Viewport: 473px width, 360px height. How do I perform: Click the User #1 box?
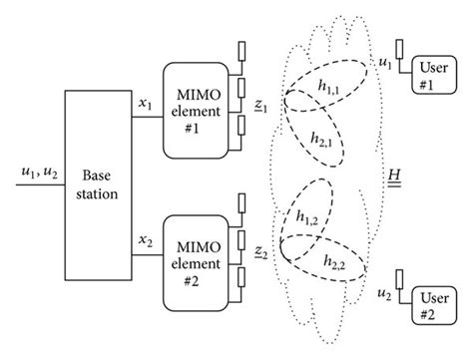pos(437,74)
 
